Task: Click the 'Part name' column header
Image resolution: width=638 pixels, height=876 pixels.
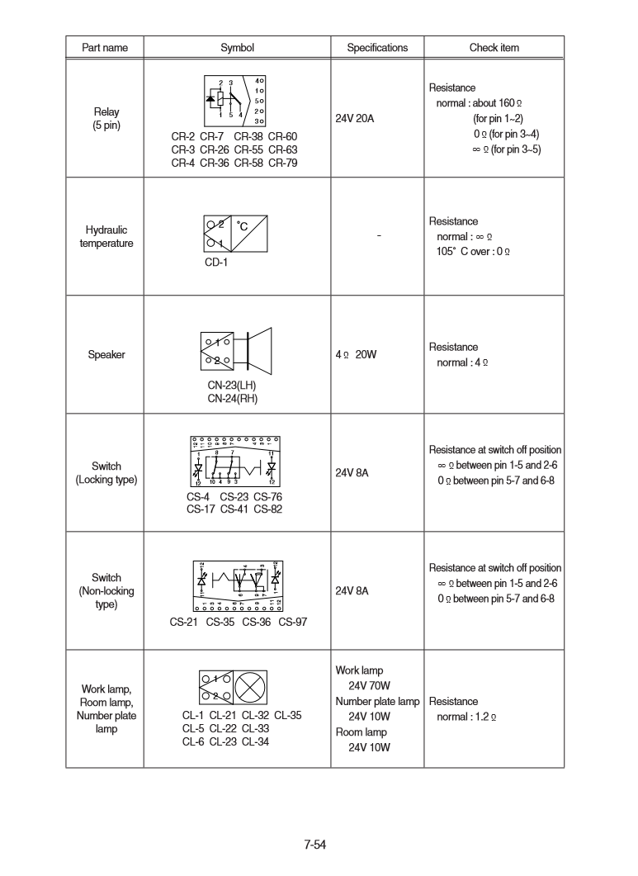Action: [x=105, y=48]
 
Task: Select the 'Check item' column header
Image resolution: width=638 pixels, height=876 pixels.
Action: [x=494, y=48]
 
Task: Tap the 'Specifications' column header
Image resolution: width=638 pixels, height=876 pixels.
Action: [x=377, y=48]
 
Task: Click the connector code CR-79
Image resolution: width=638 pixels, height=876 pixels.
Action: [x=282, y=163]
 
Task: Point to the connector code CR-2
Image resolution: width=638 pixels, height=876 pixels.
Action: [x=182, y=136]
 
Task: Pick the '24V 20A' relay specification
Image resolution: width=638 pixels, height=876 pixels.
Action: [x=355, y=119]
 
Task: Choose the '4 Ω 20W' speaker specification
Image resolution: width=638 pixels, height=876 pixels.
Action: [x=357, y=356]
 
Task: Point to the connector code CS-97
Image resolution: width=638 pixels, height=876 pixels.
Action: [x=292, y=622]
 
